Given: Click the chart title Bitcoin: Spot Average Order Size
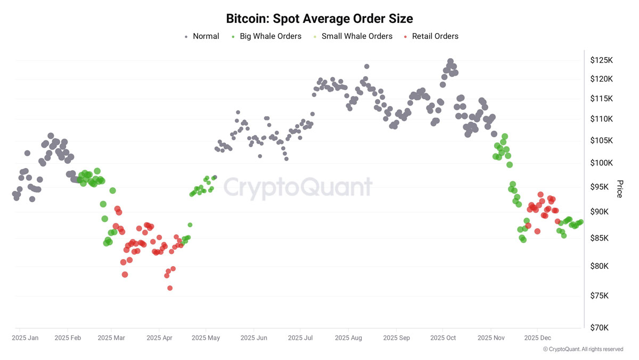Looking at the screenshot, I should click(319, 19).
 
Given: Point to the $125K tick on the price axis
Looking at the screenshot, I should click(602, 60).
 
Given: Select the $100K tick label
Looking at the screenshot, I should click(602, 163).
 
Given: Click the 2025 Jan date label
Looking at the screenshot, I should click(25, 338).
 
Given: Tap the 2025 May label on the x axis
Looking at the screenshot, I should click(206, 338).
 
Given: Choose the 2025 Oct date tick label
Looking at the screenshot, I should click(443, 338).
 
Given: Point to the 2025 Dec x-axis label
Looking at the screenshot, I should click(538, 338).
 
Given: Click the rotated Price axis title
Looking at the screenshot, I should click(619, 189).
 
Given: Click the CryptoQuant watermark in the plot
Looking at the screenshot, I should click(298, 188).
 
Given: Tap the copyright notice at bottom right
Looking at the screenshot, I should click(583, 349).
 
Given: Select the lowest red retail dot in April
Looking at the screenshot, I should click(170, 288).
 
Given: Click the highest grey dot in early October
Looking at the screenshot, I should click(450, 61).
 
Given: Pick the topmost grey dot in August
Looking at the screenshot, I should click(367, 67).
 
